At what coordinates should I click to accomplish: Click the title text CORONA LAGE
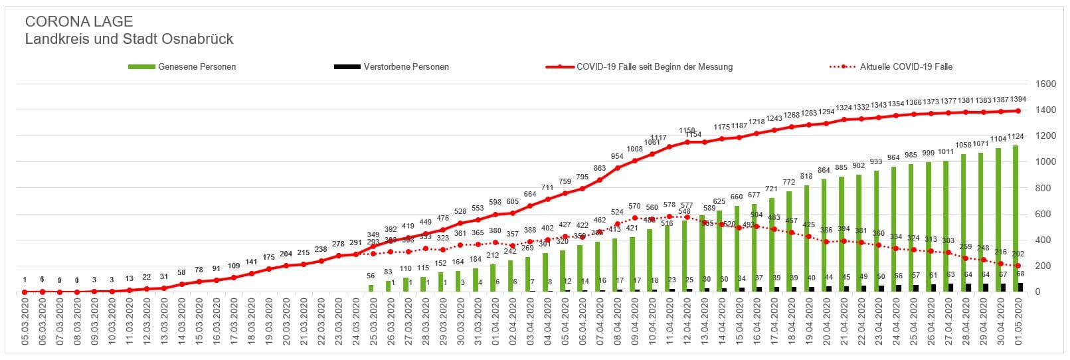pos(79,22)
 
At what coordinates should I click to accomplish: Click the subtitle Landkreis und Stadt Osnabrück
pos(129,39)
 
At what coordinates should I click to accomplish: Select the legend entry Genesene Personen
pos(197,67)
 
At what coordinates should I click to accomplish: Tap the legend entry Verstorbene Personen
pos(406,67)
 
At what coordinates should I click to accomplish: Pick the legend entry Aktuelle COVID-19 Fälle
pos(906,67)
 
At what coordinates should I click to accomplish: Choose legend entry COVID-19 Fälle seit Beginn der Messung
pos(654,67)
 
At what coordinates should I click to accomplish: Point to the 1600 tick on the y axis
pos(1045,84)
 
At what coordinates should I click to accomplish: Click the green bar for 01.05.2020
pos(1016,219)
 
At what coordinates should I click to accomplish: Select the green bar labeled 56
pos(371,288)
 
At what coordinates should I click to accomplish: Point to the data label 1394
pos(1018,100)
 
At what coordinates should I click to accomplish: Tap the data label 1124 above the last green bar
pos(1016,137)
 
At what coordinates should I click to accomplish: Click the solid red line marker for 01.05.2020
pos(1018,111)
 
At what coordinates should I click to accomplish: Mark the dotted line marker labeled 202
pos(1018,266)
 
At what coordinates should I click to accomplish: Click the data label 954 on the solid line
pos(617,157)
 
